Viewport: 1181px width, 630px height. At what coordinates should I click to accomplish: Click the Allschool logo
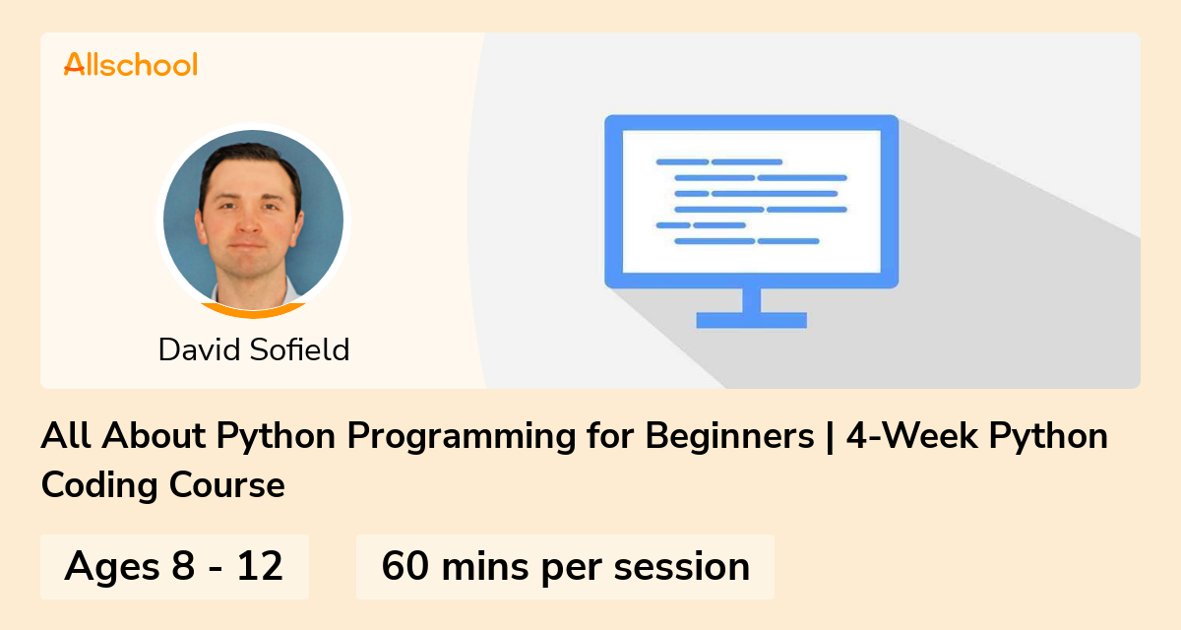(x=131, y=64)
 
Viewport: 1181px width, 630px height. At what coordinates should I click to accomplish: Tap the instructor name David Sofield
(x=254, y=349)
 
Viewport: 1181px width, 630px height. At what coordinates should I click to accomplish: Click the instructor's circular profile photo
(x=253, y=220)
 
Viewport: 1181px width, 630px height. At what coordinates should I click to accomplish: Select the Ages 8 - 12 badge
(x=174, y=567)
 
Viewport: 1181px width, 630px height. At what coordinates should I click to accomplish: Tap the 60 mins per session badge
(x=565, y=567)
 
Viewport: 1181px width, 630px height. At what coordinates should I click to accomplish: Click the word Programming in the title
(x=462, y=436)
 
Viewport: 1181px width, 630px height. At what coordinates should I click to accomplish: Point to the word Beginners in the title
(x=729, y=436)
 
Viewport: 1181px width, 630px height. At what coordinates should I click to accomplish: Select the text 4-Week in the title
(x=912, y=435)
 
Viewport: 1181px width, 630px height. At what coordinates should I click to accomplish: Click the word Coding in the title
(x=99, y=485)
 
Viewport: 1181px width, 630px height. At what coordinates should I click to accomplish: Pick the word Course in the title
(x=227, y=485)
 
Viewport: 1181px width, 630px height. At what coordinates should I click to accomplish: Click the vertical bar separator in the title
(x=831, y=436)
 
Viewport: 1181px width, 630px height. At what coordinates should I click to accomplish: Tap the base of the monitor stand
(x=751, y=320)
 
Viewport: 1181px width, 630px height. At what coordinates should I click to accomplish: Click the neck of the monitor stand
(x=751, y=300)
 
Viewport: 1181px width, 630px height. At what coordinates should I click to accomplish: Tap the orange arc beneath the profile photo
(x=253, y=311)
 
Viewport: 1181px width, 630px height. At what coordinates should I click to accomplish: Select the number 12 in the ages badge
(x=260, y=566)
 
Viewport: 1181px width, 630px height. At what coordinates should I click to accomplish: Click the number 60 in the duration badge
(x=404, y=566)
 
